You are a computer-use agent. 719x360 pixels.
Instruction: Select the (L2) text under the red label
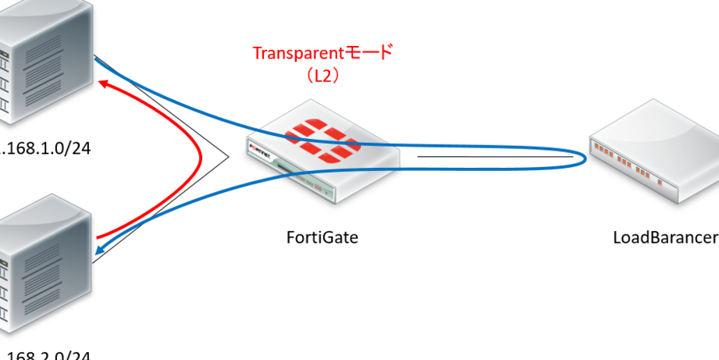322,75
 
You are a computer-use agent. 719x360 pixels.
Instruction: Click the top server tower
43,59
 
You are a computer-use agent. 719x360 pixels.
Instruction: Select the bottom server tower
43,262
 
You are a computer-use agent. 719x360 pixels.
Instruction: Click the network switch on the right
656,152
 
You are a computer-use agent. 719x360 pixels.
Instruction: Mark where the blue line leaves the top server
96,59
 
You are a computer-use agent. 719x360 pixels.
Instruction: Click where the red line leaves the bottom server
98,237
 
